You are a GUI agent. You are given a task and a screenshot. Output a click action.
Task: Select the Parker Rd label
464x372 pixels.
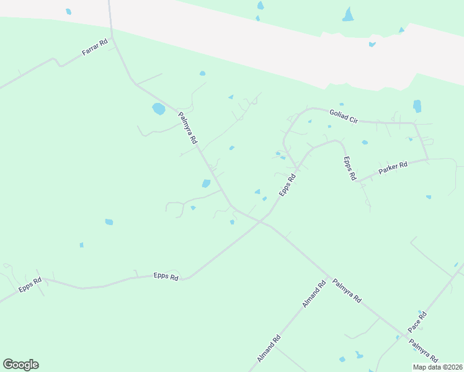click(393, 169)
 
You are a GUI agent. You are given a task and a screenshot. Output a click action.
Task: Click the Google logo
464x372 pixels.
click(20, 365)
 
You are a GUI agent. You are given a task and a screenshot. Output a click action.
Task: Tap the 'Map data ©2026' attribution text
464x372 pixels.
click(437, 367)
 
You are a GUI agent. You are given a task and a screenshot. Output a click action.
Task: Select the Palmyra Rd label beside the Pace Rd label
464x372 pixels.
click(423, 351)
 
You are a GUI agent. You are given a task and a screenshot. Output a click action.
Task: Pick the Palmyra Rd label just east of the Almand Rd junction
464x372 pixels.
click(347, 290)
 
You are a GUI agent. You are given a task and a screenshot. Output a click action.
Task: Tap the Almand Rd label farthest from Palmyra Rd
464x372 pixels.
click(269, 349)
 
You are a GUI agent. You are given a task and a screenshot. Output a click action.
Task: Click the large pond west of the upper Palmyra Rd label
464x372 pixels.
click(158, 109)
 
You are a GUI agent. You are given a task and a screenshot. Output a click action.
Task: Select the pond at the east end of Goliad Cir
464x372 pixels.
click(417, 106)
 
